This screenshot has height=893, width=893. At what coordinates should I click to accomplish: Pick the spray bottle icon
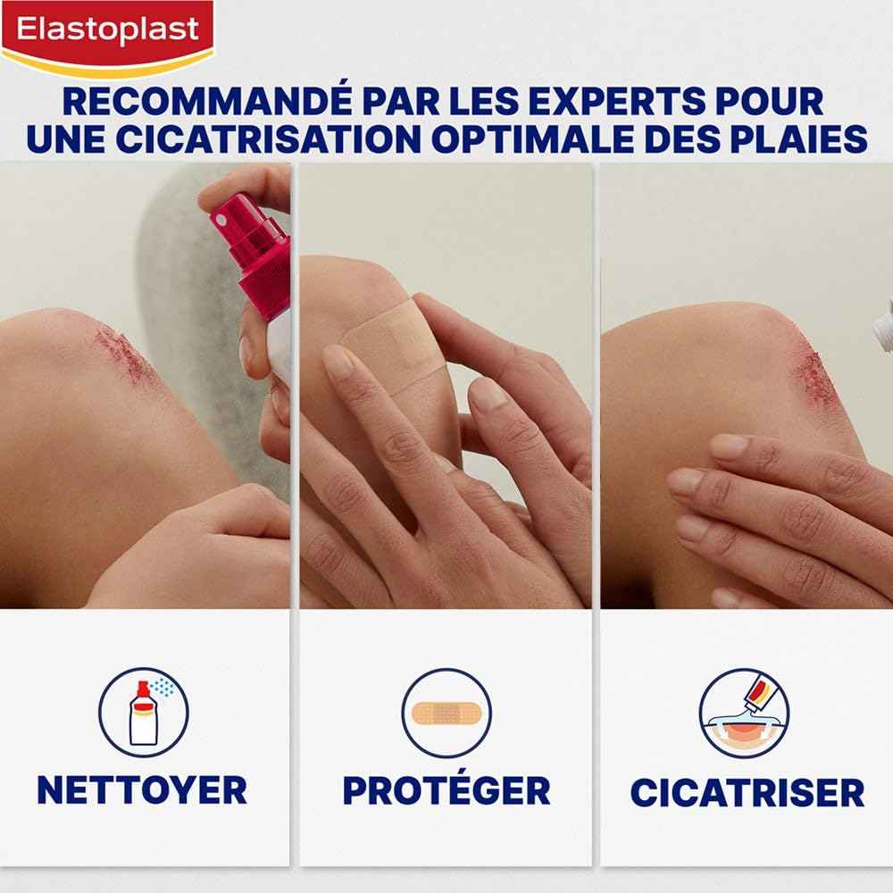point(143,713)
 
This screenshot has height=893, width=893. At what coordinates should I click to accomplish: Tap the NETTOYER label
point(141,789)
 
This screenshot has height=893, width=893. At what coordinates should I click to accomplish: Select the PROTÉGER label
point(446,789)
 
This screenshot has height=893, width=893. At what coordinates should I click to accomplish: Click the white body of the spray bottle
point(273,357)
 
